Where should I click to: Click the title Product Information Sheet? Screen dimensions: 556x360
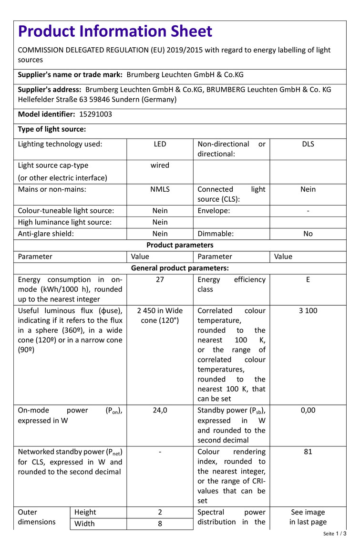(115, 31)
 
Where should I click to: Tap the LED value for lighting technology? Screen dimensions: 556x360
(160, 144)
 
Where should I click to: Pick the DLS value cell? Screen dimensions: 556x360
(308, 144)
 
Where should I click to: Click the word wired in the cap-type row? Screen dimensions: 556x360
(160, 165)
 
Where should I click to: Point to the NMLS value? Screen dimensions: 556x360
(160, 189)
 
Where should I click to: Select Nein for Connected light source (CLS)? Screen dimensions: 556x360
(308, 189)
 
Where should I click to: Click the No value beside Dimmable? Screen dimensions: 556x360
(308, 234)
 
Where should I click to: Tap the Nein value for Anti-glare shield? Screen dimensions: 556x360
(160, 234)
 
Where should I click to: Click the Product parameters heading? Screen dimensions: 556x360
(180, 245)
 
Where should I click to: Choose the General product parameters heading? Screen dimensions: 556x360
(180, 268)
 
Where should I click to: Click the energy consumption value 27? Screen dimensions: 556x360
(160, 280)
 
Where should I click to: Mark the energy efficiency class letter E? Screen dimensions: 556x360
(308, 280)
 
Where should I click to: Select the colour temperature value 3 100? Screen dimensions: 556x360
(308, 311)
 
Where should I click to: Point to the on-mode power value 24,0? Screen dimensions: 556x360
(160, 411)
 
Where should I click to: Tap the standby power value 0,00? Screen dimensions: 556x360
(308, 411)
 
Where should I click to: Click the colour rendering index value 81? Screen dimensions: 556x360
(308, 452)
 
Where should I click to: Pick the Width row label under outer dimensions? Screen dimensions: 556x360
(84, 524)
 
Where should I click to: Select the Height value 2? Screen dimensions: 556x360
(160, 512)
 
